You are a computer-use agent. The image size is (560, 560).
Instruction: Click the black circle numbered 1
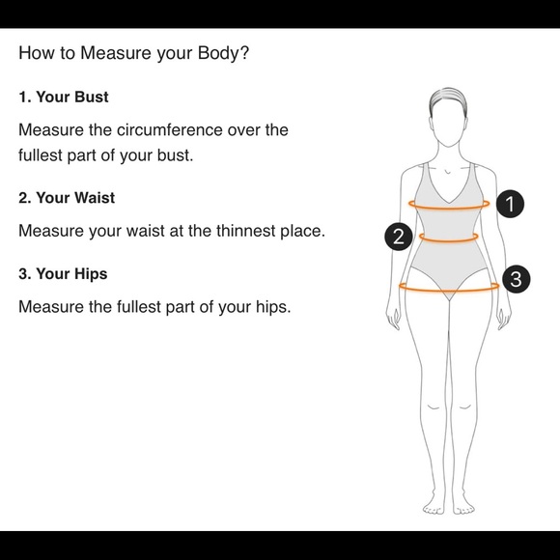[x=510, y=204]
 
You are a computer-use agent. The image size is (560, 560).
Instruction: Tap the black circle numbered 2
[x=399, y=237]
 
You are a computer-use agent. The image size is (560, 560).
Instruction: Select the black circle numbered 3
[x=517, y=279]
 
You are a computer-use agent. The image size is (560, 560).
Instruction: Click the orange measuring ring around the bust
[x=449, y=208]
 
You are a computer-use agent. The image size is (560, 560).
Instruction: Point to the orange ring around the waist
[x=449, y=240]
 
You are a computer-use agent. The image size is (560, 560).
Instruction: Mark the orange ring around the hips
[x=449, y=291]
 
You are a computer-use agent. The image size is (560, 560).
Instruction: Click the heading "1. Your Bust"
[x=64, y=98]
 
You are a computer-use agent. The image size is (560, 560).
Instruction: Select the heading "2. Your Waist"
[x=67, y=198]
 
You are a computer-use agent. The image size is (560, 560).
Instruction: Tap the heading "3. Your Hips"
[x=63, y=274]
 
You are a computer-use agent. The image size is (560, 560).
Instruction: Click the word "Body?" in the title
[x=223, y=53]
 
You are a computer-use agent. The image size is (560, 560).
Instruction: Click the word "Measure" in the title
[x=116, y=53]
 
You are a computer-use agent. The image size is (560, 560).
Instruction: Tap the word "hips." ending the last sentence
[x=273, y=307]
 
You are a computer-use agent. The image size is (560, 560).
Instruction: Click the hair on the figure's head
[x=448, y=99]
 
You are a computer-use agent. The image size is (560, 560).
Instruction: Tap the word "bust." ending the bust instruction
[x=176, y=155]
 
